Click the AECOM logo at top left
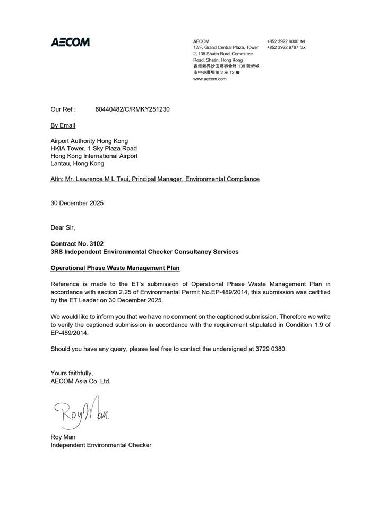[x=70, y=42]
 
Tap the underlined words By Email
[x=63, y=125]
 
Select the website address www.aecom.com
[x=210, y=79]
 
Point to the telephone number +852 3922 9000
[x=282, y=41]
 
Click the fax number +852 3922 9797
[x=282, y=47]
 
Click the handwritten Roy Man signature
[x=82, y=411]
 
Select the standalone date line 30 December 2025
[x=77, y=203]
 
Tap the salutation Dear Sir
[x=63, y=227]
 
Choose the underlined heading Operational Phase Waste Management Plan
[x=115, y=268]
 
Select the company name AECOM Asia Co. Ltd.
[x=81, y=381]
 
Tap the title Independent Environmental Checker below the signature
[x=101, y=445]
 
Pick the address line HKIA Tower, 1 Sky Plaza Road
[x=93, y=149]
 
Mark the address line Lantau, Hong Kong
[x=77, y=164]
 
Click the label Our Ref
[x=63, y=109]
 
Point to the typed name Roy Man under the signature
[x=63, y=437]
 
